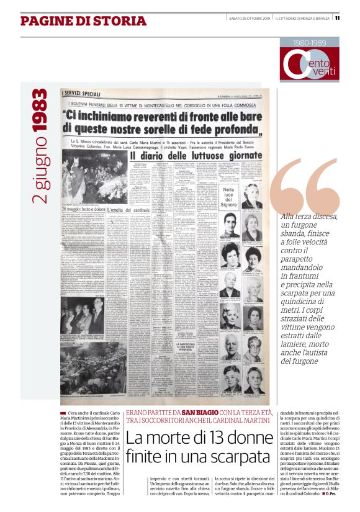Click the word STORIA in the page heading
pos(119,21)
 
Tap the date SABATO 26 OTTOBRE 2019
pos(248,17)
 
